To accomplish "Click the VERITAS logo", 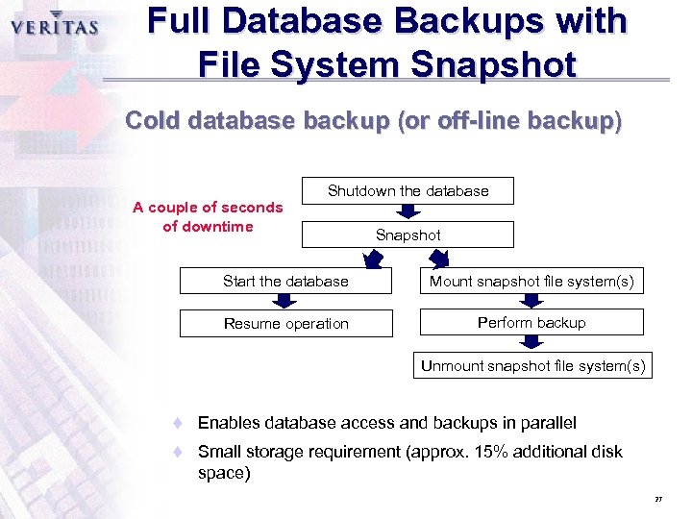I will click(55, 26).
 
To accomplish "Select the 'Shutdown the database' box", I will click(408, 190).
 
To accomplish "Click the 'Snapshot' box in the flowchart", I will click(408, 235).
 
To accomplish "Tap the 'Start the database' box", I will click(285, 281).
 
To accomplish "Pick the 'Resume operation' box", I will click(285, 323).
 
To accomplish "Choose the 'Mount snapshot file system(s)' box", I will click(531, 281).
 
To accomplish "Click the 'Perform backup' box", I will click(531, 322).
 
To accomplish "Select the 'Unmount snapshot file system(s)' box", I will click(532, 365).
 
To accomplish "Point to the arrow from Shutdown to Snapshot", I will click(408, 211).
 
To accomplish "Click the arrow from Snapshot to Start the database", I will click(373, 258).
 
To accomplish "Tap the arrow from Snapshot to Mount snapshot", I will click(439, 258).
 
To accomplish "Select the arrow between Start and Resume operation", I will click(286, 302).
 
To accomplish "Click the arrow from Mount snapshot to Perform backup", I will click(531, 301).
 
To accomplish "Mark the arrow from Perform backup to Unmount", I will click(531, 344).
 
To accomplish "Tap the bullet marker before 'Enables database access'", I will click(177, 423).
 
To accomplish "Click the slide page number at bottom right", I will click(658, 500).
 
